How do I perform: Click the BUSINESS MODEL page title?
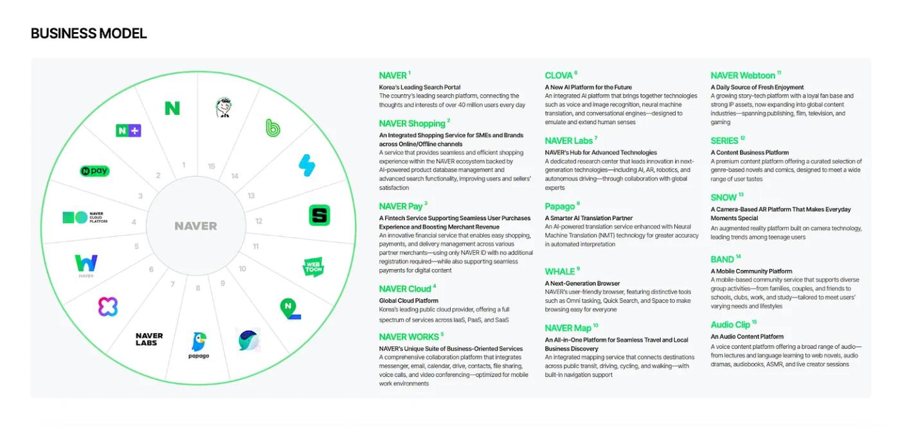tap(89, 33)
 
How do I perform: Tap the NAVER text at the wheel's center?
tap(195, 226)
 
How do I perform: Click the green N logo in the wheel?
tap(172, 109)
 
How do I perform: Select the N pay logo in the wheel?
tap(95, 171)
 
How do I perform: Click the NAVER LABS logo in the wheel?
tap(149, 339)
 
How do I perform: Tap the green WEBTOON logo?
tap(314, 267)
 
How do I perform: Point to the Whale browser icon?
tap(248, 340)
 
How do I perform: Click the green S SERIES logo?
tap(319, 215)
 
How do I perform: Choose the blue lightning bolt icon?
tap(307, 166)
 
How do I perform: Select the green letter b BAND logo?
tap(273, 128)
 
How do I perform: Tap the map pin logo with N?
tap(290, 309)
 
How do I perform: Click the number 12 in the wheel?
tap(258, 221)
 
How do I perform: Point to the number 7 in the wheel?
tap(172, 284)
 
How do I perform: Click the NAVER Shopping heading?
tap(412, 123)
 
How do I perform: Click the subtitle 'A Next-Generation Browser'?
tap(582, 283)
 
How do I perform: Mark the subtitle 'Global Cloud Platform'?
tap(409, 301)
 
